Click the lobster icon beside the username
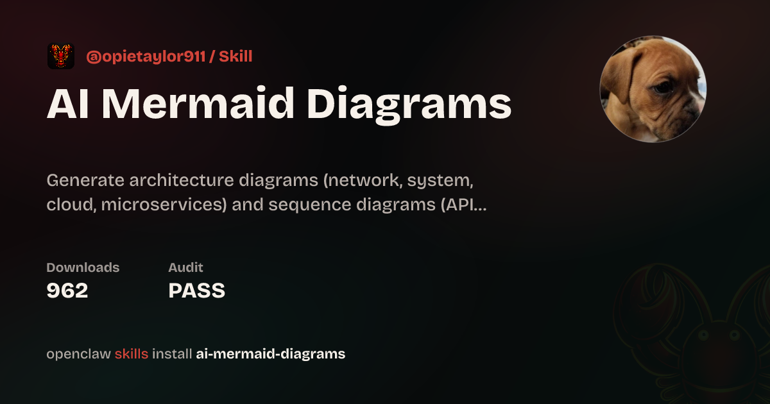(x=61, y=56)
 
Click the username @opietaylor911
(x=146, y=56)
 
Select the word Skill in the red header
(x=236, y=56)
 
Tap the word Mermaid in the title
(x=198, y=103)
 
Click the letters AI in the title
(x=68, y=104)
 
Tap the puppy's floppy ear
(x=620, y=74)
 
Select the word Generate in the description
(x=85, y=180)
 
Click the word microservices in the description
(x=164, y=205)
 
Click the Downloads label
(x=83, y=267)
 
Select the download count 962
(x=67, y=290)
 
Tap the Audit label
(x=185, y=267)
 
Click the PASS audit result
(x=196, y=290)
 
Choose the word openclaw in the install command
(x=79, y=354)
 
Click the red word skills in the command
(x=132, y=354)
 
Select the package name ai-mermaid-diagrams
(x=271, y=354)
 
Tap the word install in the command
(x=172, y=354)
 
